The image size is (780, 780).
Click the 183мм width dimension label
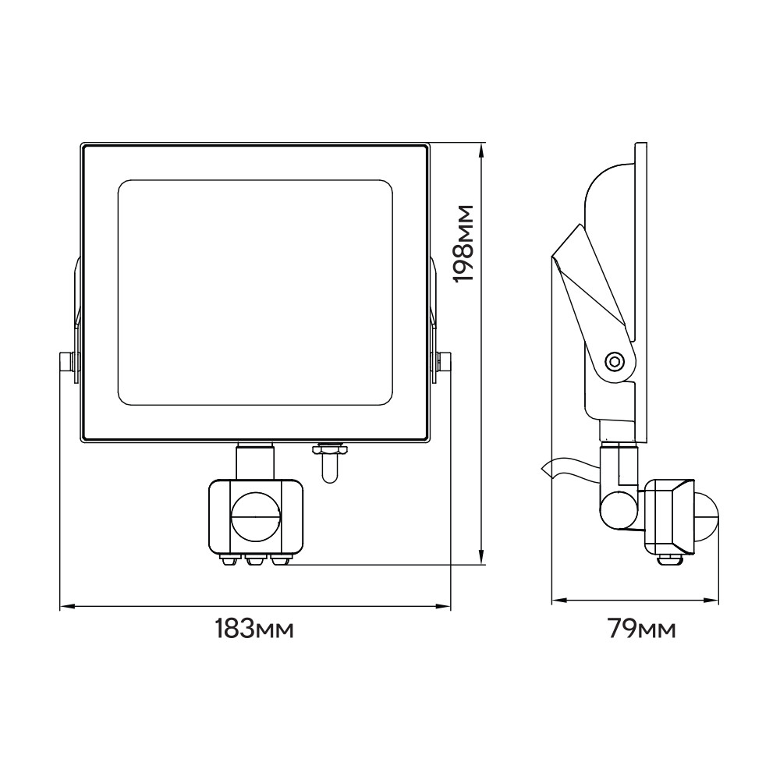click(x=254, y=629)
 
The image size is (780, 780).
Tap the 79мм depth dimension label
click(x=642, y=629)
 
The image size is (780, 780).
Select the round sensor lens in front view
click(x=256, y=516)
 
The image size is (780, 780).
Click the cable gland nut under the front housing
click(x=329, y=449)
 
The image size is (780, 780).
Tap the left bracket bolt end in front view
click(x=66, y=362)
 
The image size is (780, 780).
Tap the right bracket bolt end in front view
click(x=445, y=362)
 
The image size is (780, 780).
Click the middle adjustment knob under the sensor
click(x=255, y=561)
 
